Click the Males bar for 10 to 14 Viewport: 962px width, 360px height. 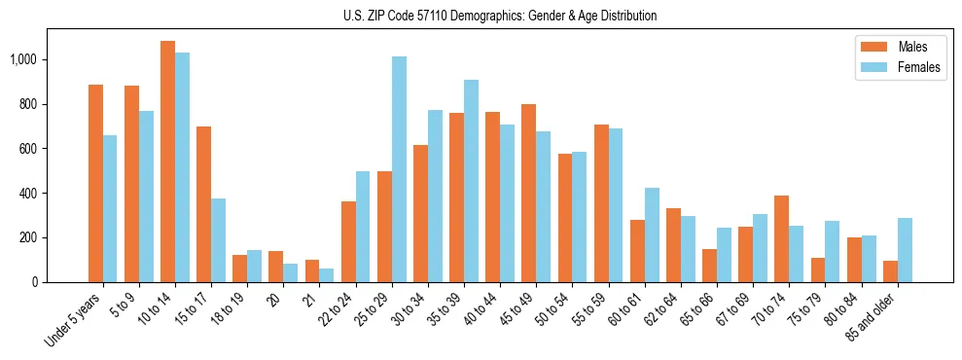pos(167,162)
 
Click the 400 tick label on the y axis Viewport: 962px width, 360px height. pos(27,193)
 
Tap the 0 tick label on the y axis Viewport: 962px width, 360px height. pos(34,282)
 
